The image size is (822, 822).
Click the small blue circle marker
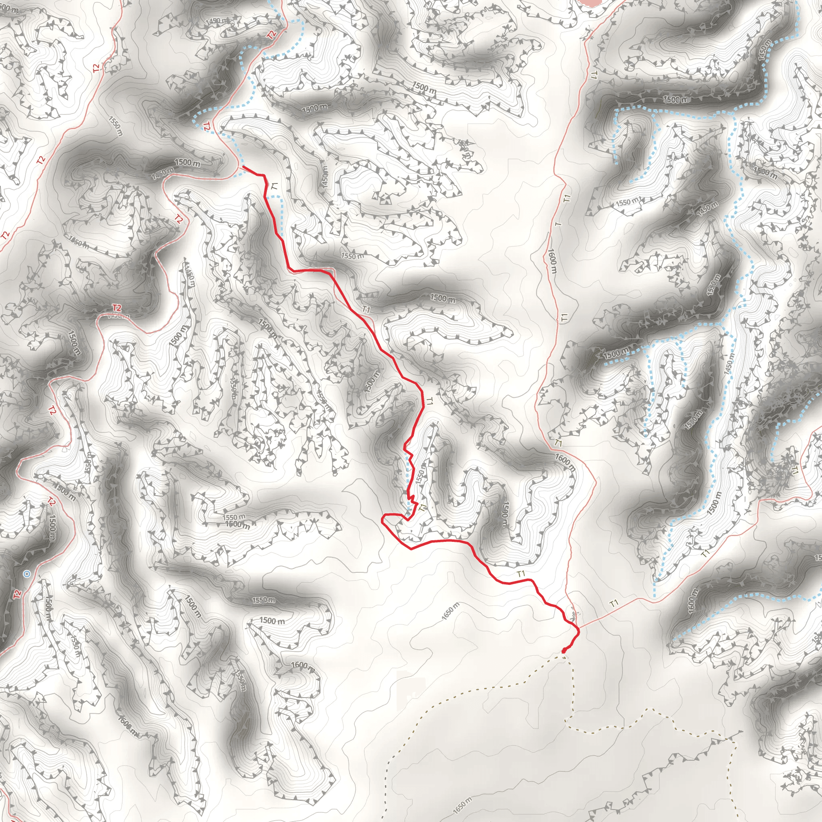tap(27, 574)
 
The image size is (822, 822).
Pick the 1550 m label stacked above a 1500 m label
tap(234, 517)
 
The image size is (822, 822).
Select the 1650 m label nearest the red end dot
tap(450, 611)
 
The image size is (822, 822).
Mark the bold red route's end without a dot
tap(243, 167)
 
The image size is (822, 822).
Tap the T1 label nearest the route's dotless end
tap(275, 186)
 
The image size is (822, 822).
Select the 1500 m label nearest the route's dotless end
tap(187, 163)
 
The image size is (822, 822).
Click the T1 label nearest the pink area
tap(594, 75)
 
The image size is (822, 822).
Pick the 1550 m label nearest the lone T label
tap(628, 202)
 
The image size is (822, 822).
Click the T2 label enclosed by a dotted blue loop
tap(207, 126)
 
